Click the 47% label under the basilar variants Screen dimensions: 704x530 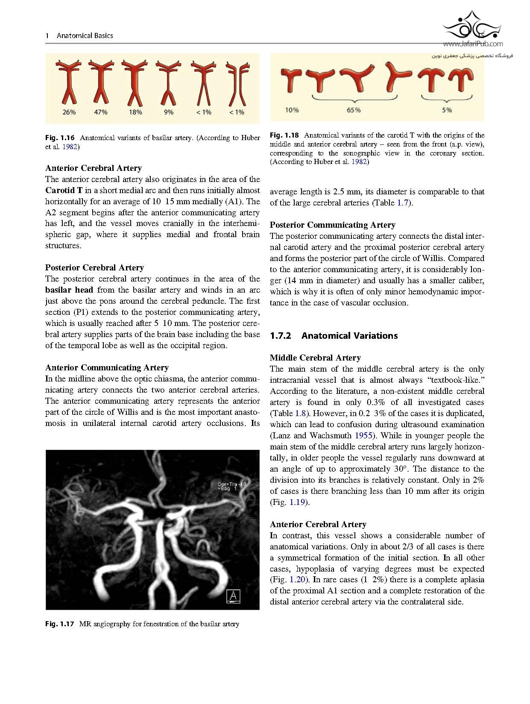(101, 112)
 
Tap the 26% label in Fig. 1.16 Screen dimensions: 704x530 (69, 112)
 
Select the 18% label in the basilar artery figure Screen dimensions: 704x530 (135, 112)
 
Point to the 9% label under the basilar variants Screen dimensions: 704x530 (168, 112)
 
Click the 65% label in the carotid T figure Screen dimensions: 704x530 (353, 110)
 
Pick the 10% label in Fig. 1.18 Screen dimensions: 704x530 (292, 110)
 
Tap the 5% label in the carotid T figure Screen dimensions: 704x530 (447, 110)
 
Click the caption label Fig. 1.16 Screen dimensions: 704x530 (60, 138)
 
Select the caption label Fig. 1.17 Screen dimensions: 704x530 (60, 624)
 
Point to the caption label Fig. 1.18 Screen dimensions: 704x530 (284, 135)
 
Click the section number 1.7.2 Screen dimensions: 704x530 (281, 336)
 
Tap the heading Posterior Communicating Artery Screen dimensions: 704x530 (332, 225)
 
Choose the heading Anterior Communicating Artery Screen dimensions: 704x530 (107, 367)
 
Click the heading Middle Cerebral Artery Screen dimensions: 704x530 (315, 358)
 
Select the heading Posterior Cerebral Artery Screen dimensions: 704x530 (94, 267)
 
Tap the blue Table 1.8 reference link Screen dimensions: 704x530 (299, 413)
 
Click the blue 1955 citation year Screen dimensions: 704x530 (364, 435)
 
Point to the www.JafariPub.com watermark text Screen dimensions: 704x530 (473, 44)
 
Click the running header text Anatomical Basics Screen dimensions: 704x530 (85, 35)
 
